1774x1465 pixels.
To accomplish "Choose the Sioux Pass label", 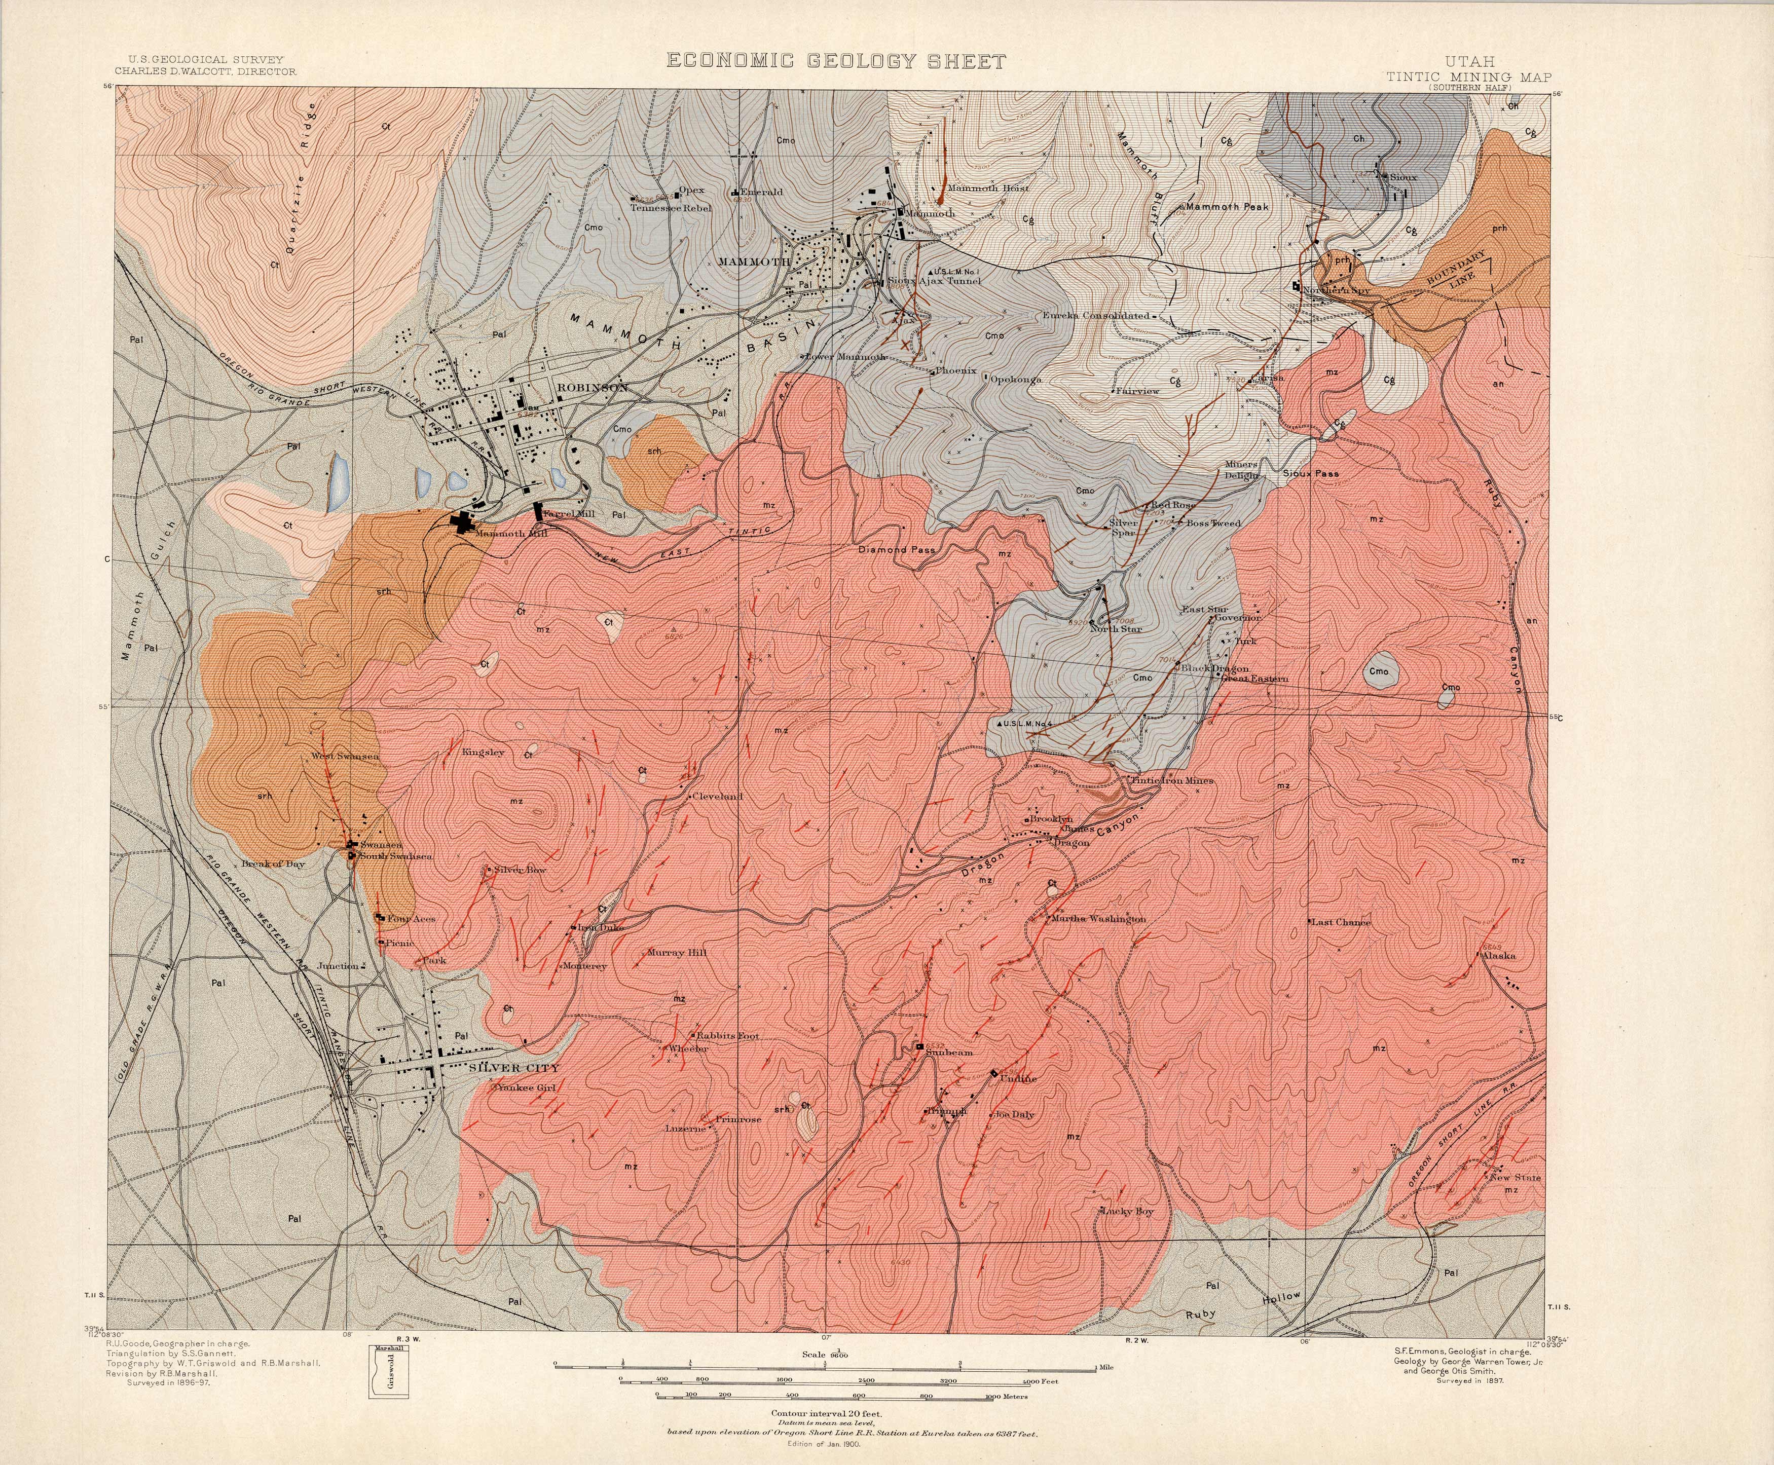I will [1311, 474].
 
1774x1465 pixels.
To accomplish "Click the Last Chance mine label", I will [1341, 922].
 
